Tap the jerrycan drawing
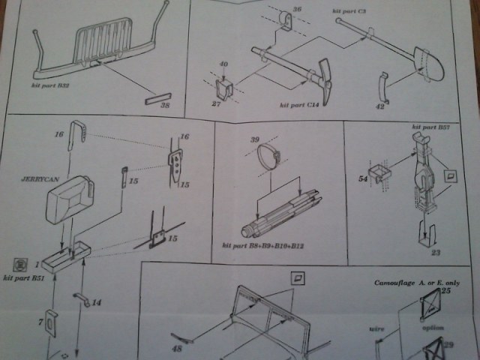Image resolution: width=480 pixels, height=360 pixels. (70, 198)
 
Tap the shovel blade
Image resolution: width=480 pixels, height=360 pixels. (425, 62)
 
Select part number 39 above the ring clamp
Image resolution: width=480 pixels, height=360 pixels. (253, 140)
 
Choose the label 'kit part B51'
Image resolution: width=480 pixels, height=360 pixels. (23, 278)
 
